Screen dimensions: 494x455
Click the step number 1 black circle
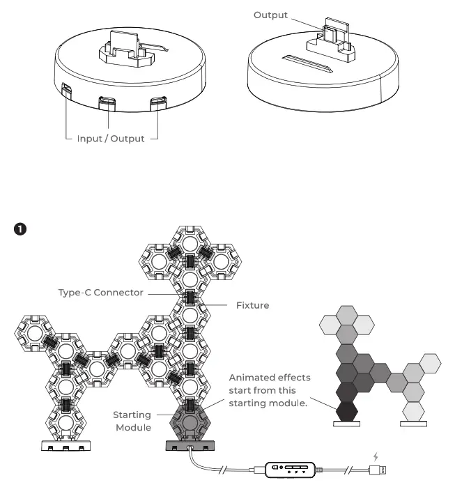21,229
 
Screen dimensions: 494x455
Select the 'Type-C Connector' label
100,293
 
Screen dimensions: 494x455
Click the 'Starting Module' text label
132,421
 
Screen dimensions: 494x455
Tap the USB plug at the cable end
379,472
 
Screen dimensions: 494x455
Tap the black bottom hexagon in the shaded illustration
346,411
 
